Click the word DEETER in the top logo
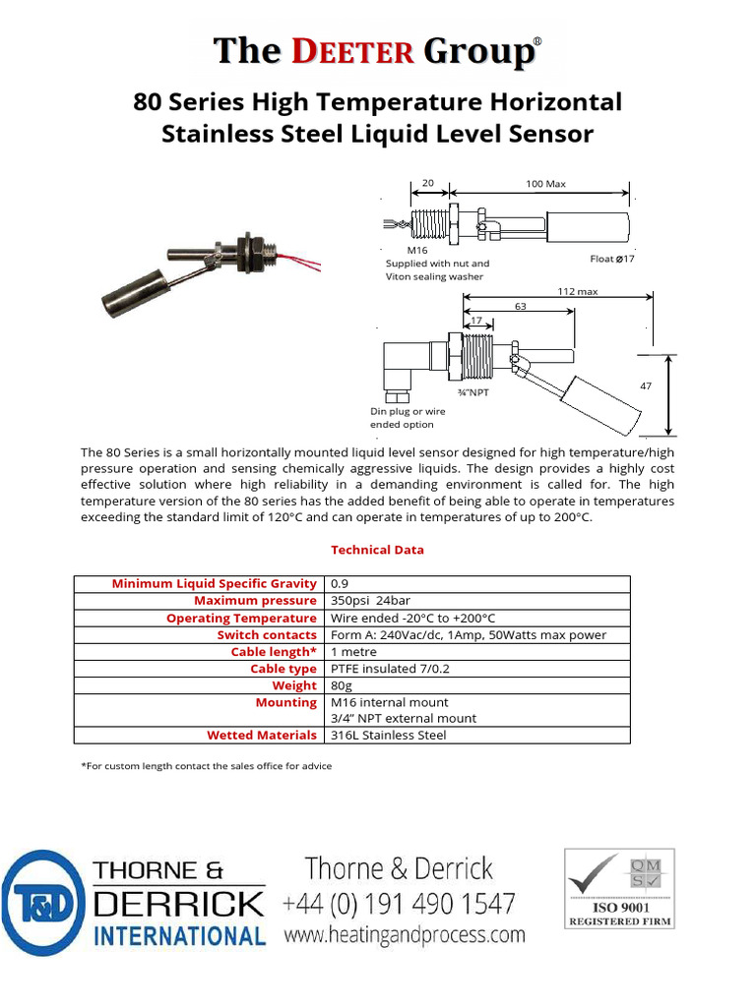tap(357, 52)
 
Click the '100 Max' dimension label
tap(546, 184)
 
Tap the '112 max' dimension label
tap(578, 291)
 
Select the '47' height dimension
tap(646, 387)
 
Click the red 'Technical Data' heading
tap(377, 550)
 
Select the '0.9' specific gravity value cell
tap(340, 584)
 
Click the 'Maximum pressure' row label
tap(255, 601)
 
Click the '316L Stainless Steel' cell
tap(388, 736)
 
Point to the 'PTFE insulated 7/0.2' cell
tap(390, 669)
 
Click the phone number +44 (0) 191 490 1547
tap(399, 903)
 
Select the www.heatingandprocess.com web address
tap(405, 935)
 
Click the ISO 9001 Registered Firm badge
tap(619, 890)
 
